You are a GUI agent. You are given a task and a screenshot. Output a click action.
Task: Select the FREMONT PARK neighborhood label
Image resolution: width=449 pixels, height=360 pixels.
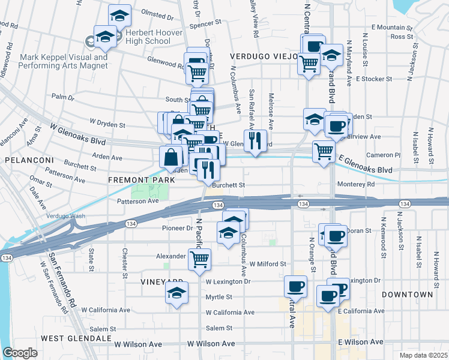pyautogui.click(x=134, y=179)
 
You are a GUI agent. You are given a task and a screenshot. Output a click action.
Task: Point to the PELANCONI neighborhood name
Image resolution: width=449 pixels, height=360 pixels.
pyautogui.click(x=30, y=160)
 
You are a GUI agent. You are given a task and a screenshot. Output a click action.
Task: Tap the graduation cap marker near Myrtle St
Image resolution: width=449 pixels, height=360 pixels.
pyautogui.click(x=176, y=294)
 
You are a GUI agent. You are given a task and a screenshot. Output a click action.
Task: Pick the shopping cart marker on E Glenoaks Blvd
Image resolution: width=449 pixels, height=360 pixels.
pyautogui.click(x=324, y=151)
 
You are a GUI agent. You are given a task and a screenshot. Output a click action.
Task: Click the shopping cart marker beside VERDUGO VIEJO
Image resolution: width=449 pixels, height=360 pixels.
pyautogui.click(x=309, y=63)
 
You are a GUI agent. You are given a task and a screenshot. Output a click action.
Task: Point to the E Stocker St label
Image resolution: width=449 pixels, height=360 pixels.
pyautogui.click(x=374, y=79)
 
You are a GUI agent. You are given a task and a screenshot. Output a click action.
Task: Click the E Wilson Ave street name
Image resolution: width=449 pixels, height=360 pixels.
pyautogui.click(x=360, y=342)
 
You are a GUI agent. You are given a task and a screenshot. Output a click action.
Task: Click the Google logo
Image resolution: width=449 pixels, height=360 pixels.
pyautogui.click(x=20, y=353)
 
